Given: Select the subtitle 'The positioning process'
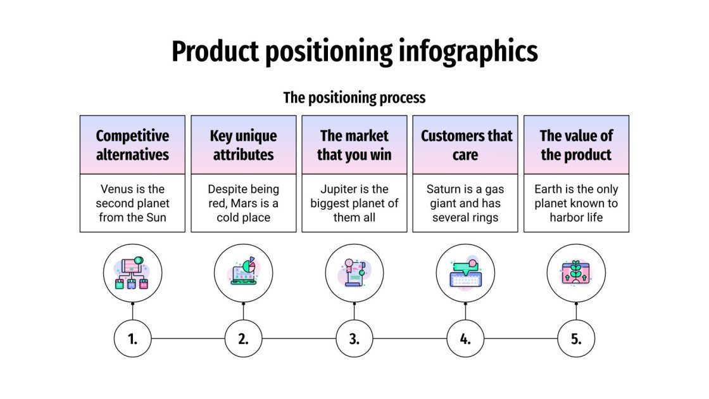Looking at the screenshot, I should [354, 98].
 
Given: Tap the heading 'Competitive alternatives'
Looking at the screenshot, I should [132, 145].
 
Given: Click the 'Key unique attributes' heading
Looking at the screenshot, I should [243, 145].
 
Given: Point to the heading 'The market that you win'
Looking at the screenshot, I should [354, 145].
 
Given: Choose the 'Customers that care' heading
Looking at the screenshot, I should [465, 145].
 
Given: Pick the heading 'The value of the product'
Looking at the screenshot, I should [576, 145].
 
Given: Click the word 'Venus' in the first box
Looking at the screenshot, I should [115, 189].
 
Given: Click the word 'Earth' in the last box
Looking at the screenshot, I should [548, 189].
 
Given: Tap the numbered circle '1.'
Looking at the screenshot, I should [132, 339].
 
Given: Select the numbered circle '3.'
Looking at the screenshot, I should [354, 339].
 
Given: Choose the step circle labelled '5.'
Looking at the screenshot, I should [576, 339].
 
